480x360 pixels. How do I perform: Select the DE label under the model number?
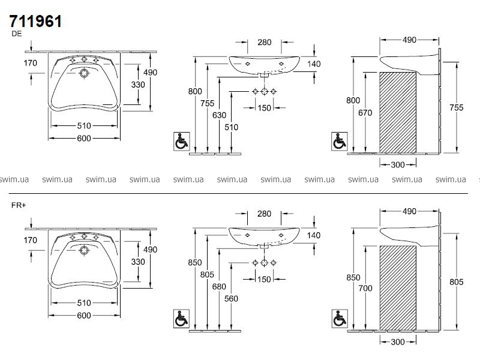17,35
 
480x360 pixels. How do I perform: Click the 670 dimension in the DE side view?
366,112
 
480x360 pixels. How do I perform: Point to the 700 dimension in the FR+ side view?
366,288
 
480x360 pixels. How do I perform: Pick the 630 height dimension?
220,115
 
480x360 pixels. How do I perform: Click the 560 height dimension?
232,298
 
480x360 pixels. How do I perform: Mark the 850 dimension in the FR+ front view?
194,262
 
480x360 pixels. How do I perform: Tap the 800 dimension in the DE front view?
194,91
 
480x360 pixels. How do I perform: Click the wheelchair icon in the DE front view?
180,141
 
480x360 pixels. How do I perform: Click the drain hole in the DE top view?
84,73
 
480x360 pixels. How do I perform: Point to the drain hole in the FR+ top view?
84,250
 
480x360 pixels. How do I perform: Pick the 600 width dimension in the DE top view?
83,139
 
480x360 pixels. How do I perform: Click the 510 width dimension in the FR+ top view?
83,302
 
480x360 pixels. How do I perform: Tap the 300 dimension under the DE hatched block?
398,164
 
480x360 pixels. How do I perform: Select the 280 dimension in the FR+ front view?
265,214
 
